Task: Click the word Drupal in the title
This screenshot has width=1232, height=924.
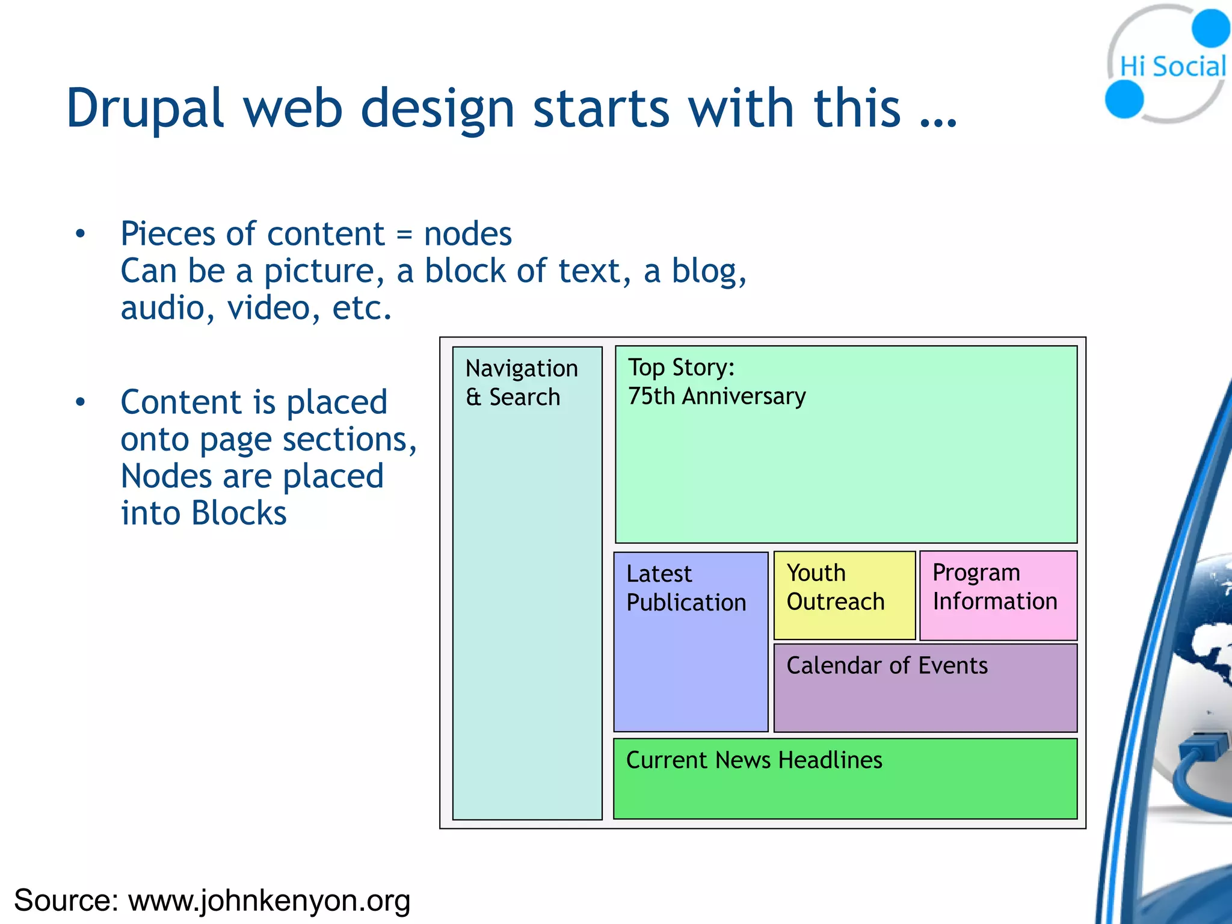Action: coord(145,109)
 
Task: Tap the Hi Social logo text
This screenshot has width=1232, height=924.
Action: coord(1172,67)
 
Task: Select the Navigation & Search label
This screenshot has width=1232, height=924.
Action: coord(522,383)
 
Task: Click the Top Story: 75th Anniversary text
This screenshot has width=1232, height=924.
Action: coord(716,381)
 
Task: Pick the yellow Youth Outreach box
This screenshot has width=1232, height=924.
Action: coord(844,595)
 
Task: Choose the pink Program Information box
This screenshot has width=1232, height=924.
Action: coord(998,595)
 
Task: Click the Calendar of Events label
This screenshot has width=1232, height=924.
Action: coord(887,666)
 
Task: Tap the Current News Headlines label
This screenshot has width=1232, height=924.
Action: coord(754,760)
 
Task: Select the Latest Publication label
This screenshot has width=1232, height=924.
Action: coord(686,588)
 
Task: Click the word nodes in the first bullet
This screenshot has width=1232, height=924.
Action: coord(468,234)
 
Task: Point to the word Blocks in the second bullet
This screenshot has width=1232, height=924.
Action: coord(239,514)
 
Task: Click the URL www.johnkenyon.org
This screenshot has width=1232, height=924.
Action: coord(269,901)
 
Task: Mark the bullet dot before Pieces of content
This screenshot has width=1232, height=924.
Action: coord(81,234)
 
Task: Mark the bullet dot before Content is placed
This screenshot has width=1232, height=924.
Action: coord(81,402)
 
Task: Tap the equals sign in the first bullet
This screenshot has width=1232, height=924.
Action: coord(404,235)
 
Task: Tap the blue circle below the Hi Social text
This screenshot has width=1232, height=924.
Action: coord(1124,99)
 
